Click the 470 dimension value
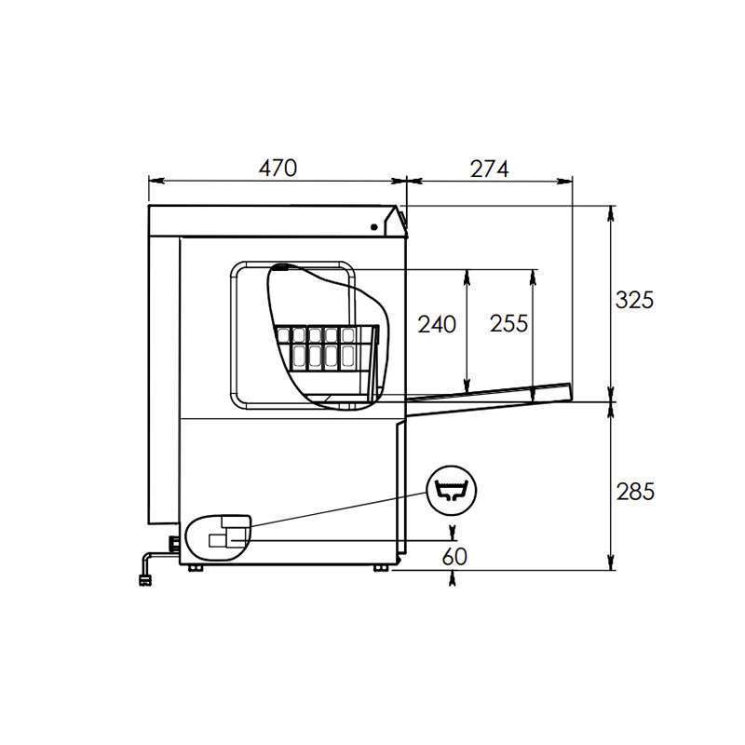pyautogui.click(x=278, y=169)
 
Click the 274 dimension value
pyautogui.click(x=490, y=169)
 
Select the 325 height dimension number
pyautogui.click(x=634, y=300)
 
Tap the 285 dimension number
pyautogui.click(x=635, y=492)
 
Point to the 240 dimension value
pyautogui.click(x=437, y=324)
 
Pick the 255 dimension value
pyautogui.click(x=508, y=324)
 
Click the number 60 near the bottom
pyautogui.click(x=454, y=556)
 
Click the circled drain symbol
pyautogui.click(x=452, y=491)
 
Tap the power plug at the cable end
pyautogui.click(x=145, y=580)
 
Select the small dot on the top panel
pyautogui.click(x=374, y=227)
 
